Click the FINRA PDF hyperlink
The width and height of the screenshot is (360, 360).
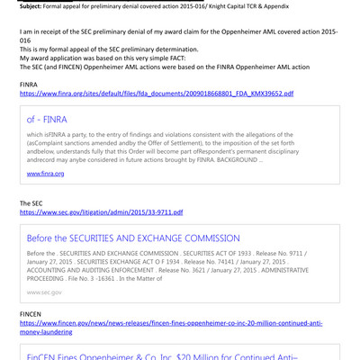pyautogui.click(x=149, y=92)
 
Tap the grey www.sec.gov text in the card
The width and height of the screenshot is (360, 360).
pyautogui.click(x=44, y=292)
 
